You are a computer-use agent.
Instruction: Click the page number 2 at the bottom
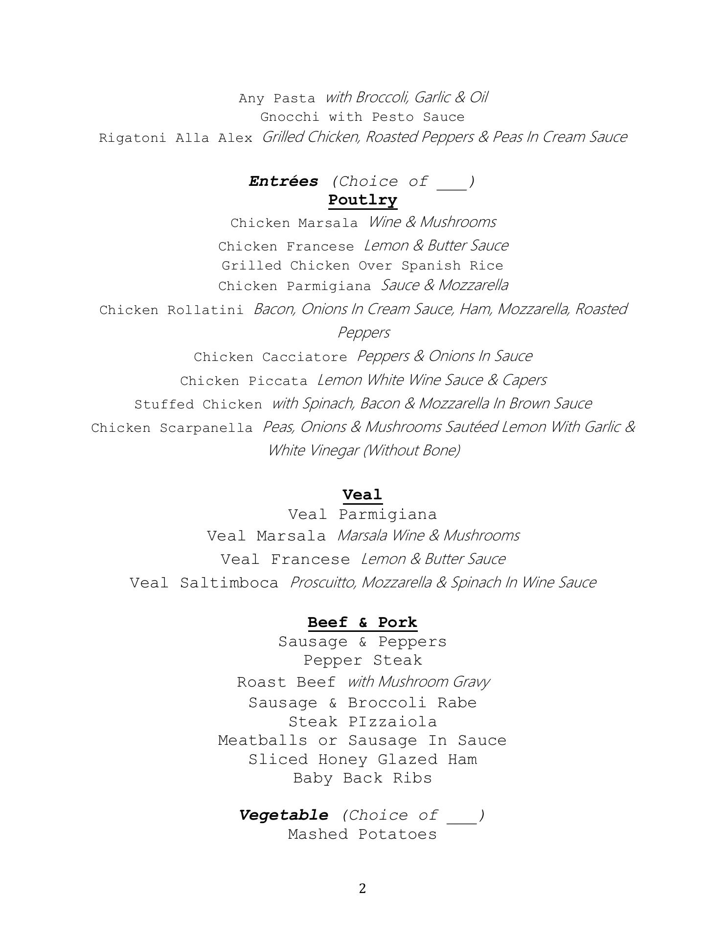pyautogui.click(x=362, y=889)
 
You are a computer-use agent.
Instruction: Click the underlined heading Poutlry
pyautogui.click(x=363, y=200)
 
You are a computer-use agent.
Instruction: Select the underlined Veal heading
pyautogui.click(x=362, y=495)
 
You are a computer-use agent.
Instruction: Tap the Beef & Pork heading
pyautogui.click(x=363, y=623)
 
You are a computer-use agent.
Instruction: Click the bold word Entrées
pyautogui.click(x=283, y=181)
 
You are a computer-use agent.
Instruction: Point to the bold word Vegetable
pyautogui.click(x=284, y=815)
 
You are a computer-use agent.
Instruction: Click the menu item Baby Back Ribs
pyautogui.click(x=363, y=778)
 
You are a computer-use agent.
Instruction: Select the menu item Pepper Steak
pyautogui.click(x=363, y=660)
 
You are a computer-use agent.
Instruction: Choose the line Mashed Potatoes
pyautogui.click(x=363, y=834)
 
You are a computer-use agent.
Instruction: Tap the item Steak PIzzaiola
pyautogui.click(x=363, y=722)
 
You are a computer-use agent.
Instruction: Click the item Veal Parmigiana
pyautogui.click(x=363, y=514)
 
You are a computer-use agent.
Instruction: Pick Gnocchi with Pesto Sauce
pyautogui.click(x=363, y=117)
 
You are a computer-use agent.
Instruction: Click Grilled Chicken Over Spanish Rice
pyautogui.click(x=363, y=266)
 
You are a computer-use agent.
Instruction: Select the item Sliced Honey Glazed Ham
pyautogui.click(x=363, y=760)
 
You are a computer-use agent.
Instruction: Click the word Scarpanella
pyautogui.click(x=206, y=428)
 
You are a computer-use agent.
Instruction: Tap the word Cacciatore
pyautogui.click(x=305, y=357)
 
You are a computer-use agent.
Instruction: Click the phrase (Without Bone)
pyautogui.click(x=411, y=450)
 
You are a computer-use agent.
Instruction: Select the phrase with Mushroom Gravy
pyautogui.click(x=419, y=682)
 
